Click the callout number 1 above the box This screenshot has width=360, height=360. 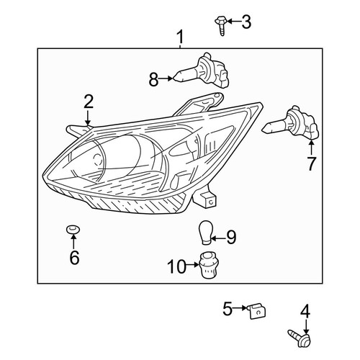[x=180, y=37]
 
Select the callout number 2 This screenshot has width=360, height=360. [x=89, y=102]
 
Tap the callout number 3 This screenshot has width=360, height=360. [x=246, y=22]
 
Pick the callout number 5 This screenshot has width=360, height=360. [x=228, y=308]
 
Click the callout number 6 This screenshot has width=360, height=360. [x=74, y=257]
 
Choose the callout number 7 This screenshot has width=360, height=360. [x=311, y=164]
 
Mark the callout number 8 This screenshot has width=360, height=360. [x=153, y=79]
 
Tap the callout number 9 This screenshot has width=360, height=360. [x=231, y=237]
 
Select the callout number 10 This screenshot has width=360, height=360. [x=177, y=266]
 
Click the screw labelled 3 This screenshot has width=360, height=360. [x=221, y=26]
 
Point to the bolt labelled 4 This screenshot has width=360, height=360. [x=300, y=338]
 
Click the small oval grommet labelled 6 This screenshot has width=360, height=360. [x=73, y=229]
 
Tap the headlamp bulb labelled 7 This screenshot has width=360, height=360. [x=291, y=123]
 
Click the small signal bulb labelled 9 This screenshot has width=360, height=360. [x=205, y=233]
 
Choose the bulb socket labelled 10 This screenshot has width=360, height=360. [x=207, y=265]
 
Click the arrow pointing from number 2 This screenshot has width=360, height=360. [x=88, y=117]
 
